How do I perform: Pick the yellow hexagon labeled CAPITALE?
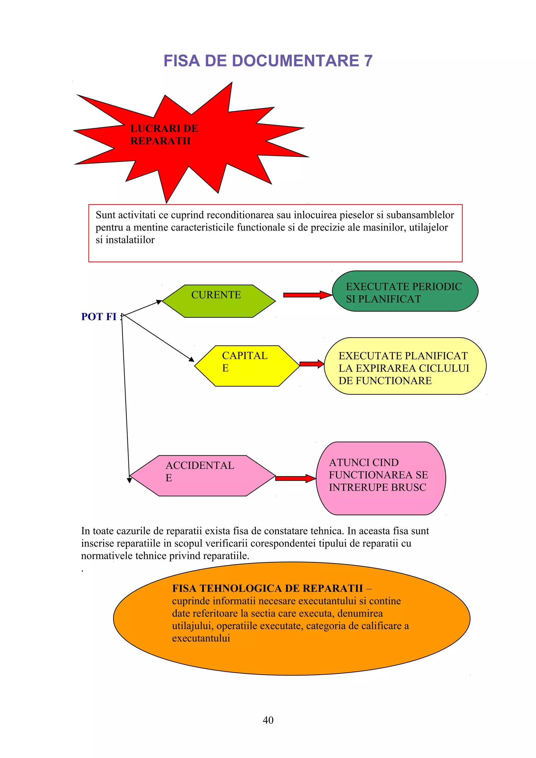click(x=247, y=366)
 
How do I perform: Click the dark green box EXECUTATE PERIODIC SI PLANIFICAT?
click(x=405, y=291)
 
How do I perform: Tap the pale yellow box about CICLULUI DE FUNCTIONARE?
click(x=405, y=366)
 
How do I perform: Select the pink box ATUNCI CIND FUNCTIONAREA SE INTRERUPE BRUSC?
click(x=381, y=478)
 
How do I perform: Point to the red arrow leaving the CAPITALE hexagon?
click(x=311, y=364)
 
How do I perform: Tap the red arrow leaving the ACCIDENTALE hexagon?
click(x=295, y=478)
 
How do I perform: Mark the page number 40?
click(x=268, y=720)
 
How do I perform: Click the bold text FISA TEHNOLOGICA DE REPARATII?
click(x=267, y=588)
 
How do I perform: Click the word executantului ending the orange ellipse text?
click(x=201, y=638)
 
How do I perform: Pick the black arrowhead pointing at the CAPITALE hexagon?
click(x=192, y=359)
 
